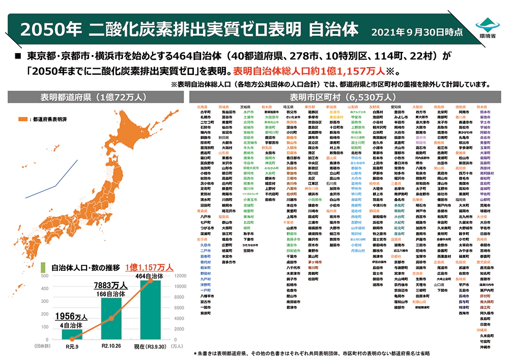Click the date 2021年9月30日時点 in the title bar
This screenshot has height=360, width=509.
pyautogui.click(x=417, y=32)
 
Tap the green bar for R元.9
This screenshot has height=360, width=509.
pyautogui.click(x=72, y=334)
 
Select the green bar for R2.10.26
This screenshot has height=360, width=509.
pyautogui.click(x=111, y=319)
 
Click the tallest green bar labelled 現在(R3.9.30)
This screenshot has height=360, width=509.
pyautogui.click(x=150, y=310)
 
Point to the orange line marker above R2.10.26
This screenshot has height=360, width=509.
pyautogui.click(x=111, y=318)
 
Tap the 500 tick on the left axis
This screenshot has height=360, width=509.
pyautogui.click(x=44, y=276)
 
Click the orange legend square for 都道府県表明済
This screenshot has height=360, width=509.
pyautogui.click(x=23, y=119)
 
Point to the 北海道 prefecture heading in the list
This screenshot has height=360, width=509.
pyautogui.click(x=202, y=107)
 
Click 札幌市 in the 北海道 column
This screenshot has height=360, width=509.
pyautogui.click(x=206, y=117)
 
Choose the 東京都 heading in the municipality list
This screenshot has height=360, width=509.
pyautogui.click(x=310, y=107)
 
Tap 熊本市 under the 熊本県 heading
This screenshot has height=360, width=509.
pyautogui.click(x=485, y=112)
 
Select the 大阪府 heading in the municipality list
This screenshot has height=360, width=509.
pyautogui.click(x=417, y=107)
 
